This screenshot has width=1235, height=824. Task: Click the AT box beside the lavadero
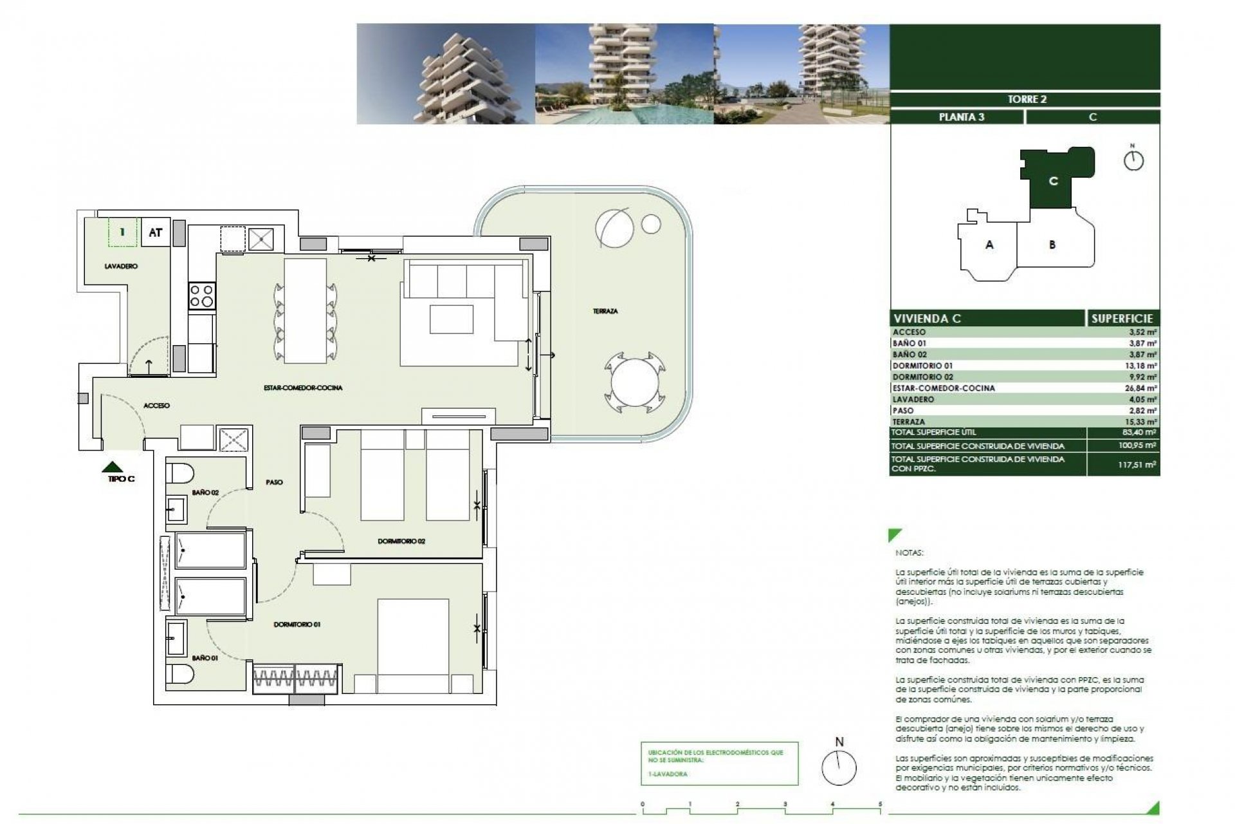155,232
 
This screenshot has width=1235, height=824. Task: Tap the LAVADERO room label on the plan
121,266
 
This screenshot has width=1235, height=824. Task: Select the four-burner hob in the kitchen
201,296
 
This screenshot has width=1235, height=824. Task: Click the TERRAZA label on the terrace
605,311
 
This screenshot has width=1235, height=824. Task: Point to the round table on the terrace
631,384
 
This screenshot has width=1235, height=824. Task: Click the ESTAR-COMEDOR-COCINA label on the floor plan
303,388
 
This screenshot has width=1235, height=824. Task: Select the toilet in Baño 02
180,473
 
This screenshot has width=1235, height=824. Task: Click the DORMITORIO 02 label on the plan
401,541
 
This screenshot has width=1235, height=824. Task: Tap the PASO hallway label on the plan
274,482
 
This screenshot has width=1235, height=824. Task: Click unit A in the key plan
989,245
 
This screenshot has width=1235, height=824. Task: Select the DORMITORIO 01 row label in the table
922,366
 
